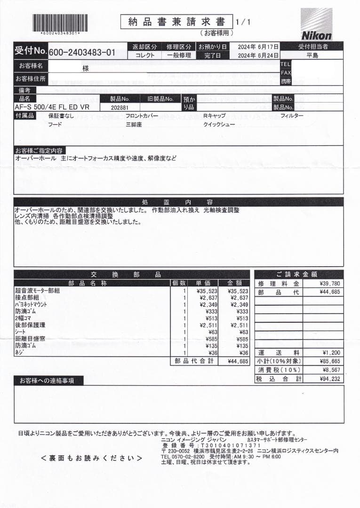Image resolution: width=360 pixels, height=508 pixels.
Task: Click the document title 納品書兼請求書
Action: [176, 22]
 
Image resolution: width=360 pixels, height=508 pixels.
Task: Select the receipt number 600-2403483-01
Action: [82, 53]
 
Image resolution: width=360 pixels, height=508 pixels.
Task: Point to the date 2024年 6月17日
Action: [258, 47]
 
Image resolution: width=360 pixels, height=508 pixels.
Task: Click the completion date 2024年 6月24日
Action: [258, 55]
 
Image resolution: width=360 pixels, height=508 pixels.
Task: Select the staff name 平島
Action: [312, 55]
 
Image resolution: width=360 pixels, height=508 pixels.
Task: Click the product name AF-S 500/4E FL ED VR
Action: [52, 107]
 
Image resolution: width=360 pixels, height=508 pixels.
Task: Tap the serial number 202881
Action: [120, 107]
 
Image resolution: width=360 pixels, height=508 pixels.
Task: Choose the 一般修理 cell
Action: [179, 55]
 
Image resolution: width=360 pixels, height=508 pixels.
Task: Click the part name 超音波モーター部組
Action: [38, 291]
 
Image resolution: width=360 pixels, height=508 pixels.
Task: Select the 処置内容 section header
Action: [178, 202]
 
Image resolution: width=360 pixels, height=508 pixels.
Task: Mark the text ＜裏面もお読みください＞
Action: [91, 458]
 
